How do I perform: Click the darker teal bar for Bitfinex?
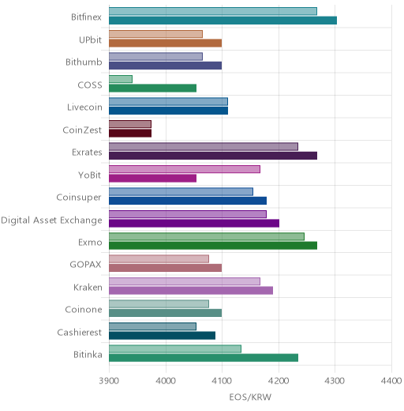[x=223, y=21]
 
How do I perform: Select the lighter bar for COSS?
[x=121, y=79]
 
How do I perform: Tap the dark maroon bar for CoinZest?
[x=130, y=133]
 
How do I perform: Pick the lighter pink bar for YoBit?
[x=185, y=169]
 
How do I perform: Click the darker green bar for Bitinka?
[x=204, y=358]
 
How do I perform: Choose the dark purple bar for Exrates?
[x=213, y=156]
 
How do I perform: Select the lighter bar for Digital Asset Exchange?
[x=188, y=214]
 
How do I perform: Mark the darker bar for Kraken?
[x=191, y=290]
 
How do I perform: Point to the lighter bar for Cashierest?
[x=152, y=326]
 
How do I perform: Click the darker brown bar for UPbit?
[x=166, y=43]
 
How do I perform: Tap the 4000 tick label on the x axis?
[x=166, y=381]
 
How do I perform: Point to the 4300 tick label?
[x=335, y=381]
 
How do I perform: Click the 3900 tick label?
[x=109, y=381]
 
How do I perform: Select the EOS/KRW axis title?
[x=250, y=397]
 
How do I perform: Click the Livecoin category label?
[x=84, y=107]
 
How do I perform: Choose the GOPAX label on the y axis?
[x=85, y=264]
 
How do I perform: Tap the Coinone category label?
[x=84, y=309]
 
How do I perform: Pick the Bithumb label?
[x=84, y=62]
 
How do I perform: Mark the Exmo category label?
[x=90, y=242]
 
